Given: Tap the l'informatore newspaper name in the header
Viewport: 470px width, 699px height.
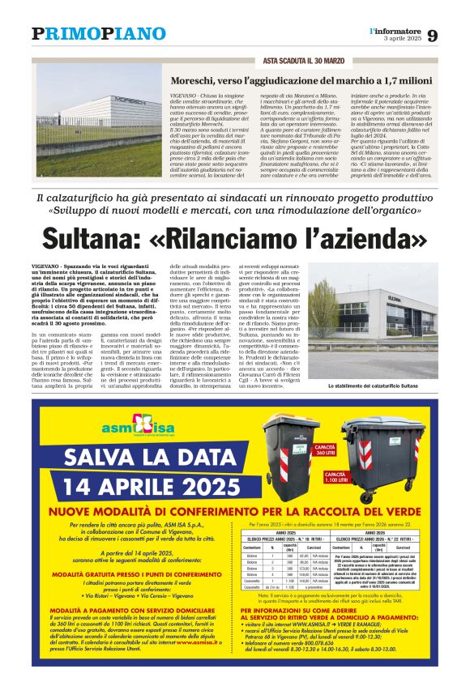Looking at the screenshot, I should pos(395,31).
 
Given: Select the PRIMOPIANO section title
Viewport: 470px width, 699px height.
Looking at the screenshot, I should pos(99,34).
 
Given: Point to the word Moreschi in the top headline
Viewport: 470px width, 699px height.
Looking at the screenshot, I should pos(194,81).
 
